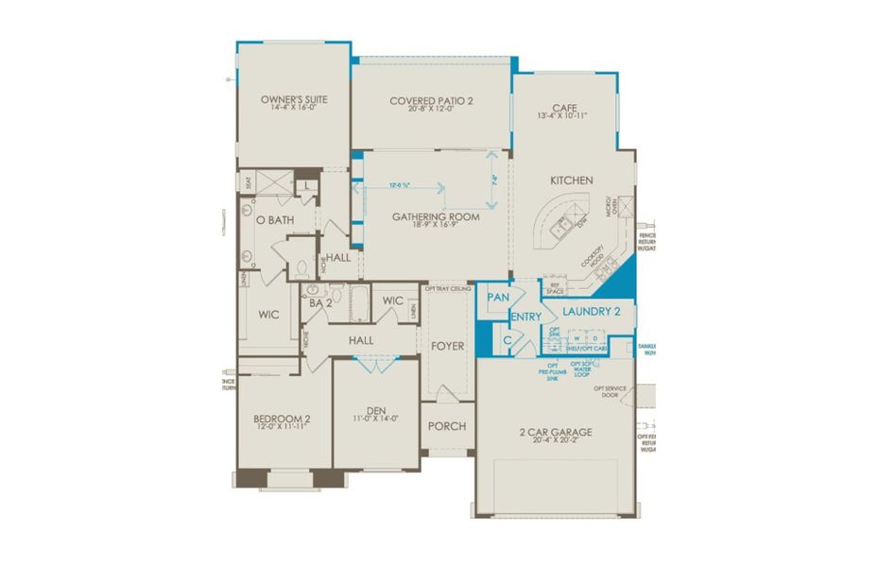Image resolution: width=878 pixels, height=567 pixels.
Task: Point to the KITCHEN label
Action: (x=573, y=180)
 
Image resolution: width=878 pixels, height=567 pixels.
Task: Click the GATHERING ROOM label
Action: (x=436, y=216)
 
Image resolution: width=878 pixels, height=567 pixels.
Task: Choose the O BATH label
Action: (x=275, y=220)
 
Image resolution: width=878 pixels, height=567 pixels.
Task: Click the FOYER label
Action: (x=447, y=346)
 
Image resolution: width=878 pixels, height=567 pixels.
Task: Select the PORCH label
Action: (x=447, y=426)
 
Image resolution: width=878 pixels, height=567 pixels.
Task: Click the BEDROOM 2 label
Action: (x=282, y=419)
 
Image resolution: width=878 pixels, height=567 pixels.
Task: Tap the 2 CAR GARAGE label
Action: (x=556, y=432)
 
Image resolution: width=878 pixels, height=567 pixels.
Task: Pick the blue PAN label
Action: (x=497, y=298)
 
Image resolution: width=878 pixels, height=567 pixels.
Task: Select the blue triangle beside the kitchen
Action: (x=623, y=278)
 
